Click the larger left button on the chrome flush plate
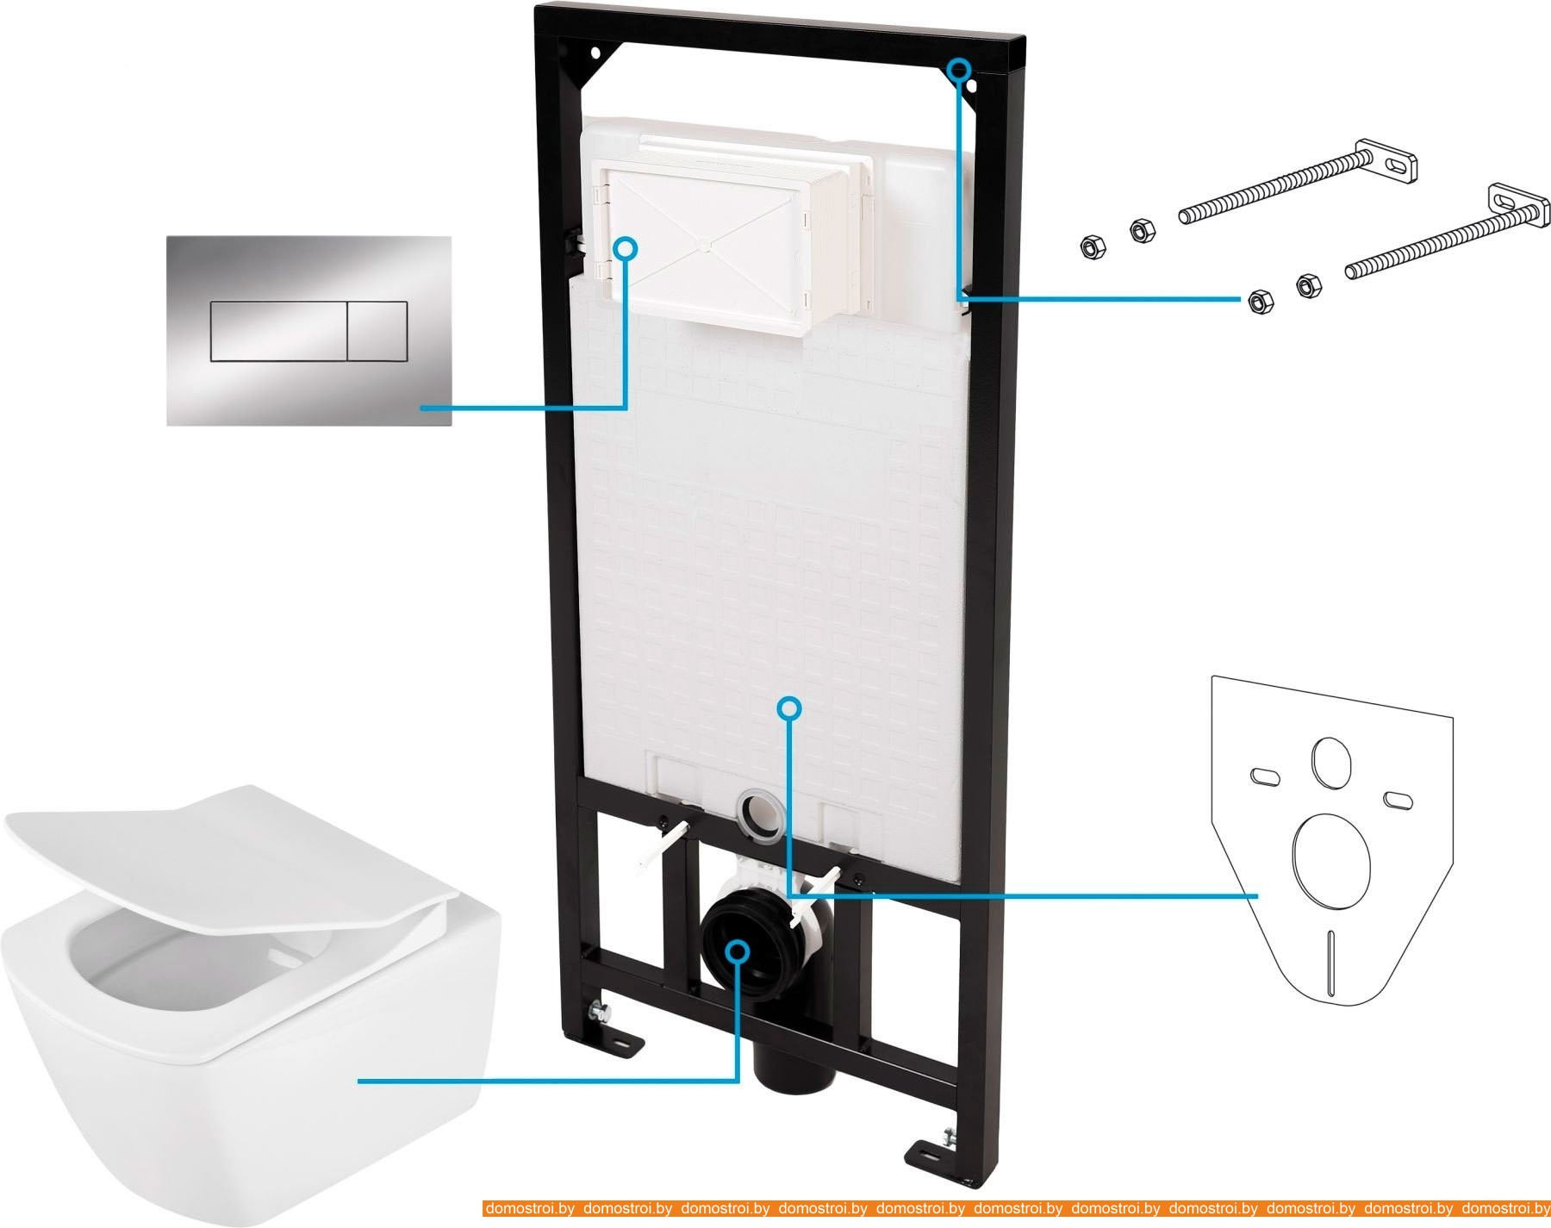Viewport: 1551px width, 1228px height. tap(278, 331)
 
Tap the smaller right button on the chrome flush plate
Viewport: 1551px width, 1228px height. tap(377, 331)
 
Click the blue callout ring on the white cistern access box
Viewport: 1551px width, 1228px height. tap(626, 249)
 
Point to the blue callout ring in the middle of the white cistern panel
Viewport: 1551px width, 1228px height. tap(789, 708)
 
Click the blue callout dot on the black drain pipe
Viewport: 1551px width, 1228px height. tap(737, 951)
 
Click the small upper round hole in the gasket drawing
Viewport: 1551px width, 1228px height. tap(1330, 762)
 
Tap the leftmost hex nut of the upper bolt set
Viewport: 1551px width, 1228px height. tap(1091, 248)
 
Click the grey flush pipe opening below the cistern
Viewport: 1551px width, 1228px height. tap(761, 812)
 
